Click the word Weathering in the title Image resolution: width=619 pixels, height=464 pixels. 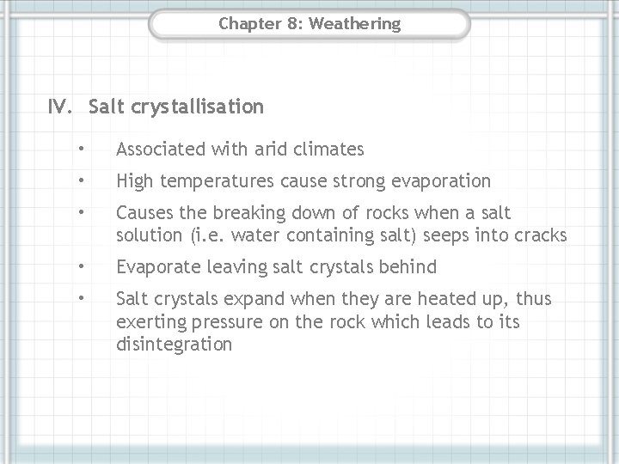pos(354,23)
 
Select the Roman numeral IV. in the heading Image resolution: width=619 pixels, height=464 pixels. pos(64,107)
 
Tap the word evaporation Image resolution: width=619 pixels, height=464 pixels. pos(443,180)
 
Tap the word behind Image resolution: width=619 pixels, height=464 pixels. pos(412,267)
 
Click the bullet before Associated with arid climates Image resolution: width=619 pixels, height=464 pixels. pos(79,150)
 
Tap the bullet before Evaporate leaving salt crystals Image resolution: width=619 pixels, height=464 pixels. pos(79,267)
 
